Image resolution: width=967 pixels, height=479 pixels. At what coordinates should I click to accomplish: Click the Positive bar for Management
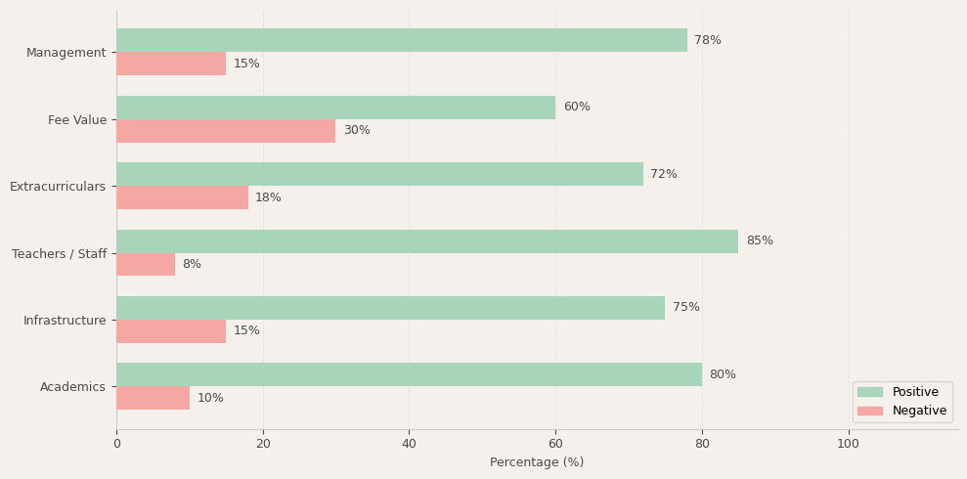[401, 40]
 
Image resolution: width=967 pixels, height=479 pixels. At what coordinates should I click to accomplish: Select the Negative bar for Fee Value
[226, 131]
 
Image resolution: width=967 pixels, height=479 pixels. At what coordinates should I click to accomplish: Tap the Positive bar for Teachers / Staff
[427, 241]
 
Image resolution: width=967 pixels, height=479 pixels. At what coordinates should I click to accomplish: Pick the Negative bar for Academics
[153, 398]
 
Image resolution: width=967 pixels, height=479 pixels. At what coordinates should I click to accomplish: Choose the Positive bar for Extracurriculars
[379, 174]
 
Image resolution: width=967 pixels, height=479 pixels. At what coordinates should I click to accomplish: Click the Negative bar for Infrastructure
[171, 331]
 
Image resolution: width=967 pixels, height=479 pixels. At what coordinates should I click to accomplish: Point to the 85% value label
[759, 241]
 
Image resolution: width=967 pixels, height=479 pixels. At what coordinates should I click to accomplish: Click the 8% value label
[192, 265]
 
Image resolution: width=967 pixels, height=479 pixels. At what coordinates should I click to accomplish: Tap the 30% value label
[357, 131]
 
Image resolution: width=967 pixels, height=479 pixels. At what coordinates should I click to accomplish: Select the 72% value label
[664, 174]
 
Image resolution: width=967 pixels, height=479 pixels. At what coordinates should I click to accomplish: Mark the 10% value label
[210, 398]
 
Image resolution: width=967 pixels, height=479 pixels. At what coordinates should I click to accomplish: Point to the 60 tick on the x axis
[555, 444]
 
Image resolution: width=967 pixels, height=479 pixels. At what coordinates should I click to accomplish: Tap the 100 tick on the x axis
[848, 444]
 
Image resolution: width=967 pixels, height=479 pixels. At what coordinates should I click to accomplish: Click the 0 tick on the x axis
[116, 444]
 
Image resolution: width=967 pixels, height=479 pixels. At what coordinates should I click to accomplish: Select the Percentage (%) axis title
[537, 462]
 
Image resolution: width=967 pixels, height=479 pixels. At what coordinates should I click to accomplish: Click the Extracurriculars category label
[58, 187]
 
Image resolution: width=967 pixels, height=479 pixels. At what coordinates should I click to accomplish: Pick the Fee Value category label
[77, 120]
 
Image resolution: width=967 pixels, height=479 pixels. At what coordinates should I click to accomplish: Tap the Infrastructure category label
[65, 321]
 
